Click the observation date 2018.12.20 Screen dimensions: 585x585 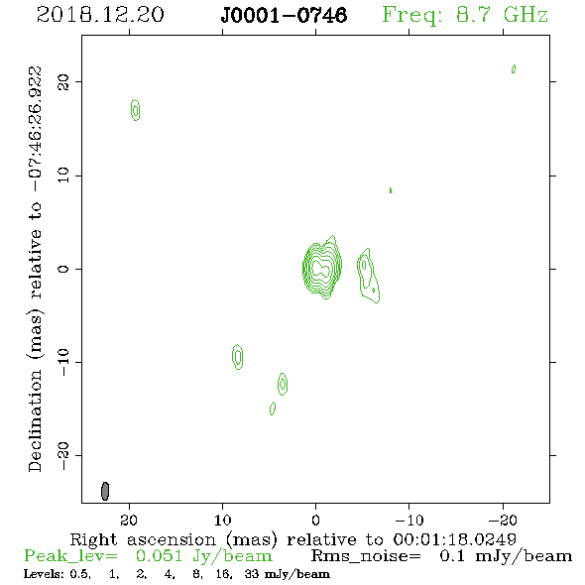click(x=100, y=15)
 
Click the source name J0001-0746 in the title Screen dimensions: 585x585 click(x=284, y=15)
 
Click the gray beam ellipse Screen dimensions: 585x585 click(x=105, y=491)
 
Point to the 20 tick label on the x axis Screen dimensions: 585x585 click(x=129, y=520)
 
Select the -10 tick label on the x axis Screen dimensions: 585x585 click(x=409, y=520)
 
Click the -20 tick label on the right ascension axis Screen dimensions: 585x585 click(x=503, y=520)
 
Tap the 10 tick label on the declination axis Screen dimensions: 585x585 click(x=63, y=175)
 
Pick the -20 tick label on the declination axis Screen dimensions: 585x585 click(x=63, y=456)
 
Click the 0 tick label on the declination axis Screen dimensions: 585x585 click(x=63, y=269)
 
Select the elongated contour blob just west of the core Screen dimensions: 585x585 click(x=368, y=276)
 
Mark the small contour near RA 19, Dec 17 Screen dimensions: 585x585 click(x=136, y=110)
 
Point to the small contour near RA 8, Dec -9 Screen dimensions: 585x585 click(x=238, y=357)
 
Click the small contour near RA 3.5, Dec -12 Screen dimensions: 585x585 click(x=283, y=384)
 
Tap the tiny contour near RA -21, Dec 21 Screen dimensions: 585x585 click(x=514, y=69)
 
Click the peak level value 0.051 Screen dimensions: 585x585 click(x=159, y=556)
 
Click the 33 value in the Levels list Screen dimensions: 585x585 click(x=252, y=574)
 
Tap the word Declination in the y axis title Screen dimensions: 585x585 click(x=35, y=420)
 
